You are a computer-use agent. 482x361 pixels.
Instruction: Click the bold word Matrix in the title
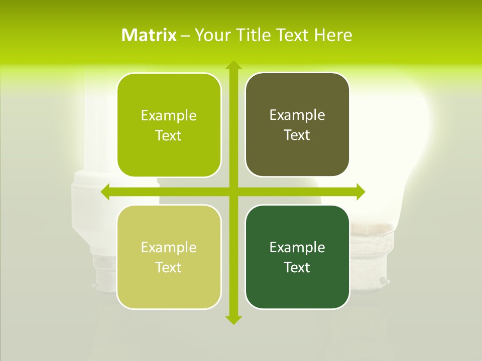pyautogui.click(x=149, y=35)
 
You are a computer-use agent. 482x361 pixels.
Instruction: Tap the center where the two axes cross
pyautogui.click(x=233, y=192)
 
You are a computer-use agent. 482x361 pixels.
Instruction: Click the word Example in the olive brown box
pyautogui.click(x=297, y=115)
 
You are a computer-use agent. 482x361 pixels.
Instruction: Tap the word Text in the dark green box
pyautogui.click(x=297, y=267)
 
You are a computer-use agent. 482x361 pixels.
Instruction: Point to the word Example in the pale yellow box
pyautogui.click(x=169, y=247)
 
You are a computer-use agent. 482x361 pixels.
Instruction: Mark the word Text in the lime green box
pyautogui.click(x=169, y=136)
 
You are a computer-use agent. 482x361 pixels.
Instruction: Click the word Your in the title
pyautogui.click(x=211, y=35)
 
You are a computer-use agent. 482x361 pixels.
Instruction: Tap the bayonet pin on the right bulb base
pyautogui.click(x=385, y=281)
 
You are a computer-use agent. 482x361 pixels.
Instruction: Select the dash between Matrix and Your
pyautogui.click(x=185, y=36)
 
